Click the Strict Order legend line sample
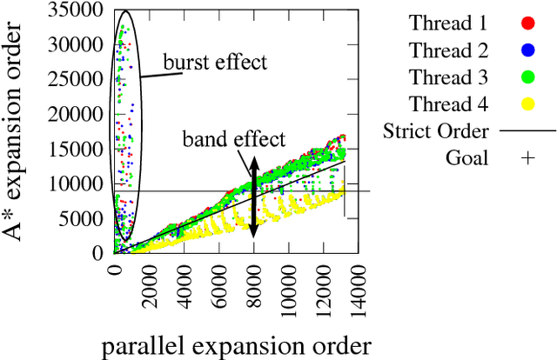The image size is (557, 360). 526,130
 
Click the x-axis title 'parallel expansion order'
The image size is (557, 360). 237,346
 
